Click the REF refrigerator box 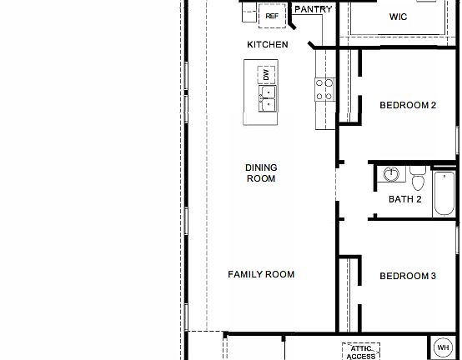click(271, 16)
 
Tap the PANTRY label click(313, 9)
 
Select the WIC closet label click(399, 16)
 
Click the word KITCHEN click(268, 44)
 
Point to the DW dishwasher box click(266, 75)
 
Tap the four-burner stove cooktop click(323, 89)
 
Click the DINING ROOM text click(260, 172)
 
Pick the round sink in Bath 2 click(392, 176)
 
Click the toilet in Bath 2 click(418, 180)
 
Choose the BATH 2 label click(405, 199)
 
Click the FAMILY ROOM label click(261, 274)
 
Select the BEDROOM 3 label click(408, 277)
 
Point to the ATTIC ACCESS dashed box click(361, 351)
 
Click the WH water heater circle click(443, 347)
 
